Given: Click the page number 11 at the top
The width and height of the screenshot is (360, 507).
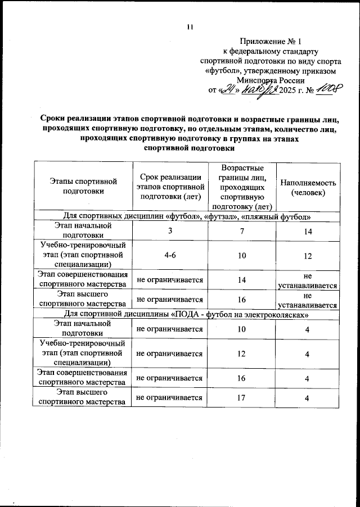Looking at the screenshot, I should click(x=189, y=26).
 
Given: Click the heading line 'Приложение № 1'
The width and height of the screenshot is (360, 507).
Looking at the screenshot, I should click(x=271, y=41).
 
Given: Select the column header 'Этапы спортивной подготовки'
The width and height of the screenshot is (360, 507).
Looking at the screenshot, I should click(x=83, y=186).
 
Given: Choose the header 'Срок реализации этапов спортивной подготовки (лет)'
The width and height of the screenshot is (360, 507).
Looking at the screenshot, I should click(x=169, y=187).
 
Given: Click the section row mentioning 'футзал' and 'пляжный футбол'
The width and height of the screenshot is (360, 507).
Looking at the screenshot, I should click(x=186, y=216).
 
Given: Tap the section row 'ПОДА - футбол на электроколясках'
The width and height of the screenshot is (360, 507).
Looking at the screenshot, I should click(x=186, y=314).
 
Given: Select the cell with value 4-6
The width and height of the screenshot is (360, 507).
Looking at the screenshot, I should click(x=169, y=255).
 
